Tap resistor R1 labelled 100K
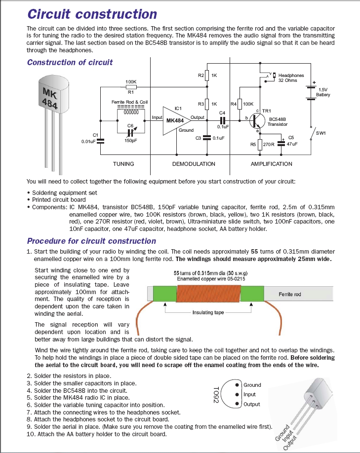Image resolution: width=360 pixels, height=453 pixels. pos(131,87)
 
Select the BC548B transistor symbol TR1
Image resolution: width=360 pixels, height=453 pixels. pos(257,121)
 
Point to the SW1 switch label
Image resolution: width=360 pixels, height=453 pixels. pos(320,133)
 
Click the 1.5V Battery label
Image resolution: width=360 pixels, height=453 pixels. pos(322,92)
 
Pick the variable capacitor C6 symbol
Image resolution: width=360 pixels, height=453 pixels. pos(131,133)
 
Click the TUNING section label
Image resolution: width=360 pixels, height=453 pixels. pos(123,164)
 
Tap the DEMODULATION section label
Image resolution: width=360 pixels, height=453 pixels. pos(194,164)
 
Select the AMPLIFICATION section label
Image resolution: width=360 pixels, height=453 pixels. pos(271,164)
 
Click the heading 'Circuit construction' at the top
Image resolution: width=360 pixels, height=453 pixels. pos(92,14)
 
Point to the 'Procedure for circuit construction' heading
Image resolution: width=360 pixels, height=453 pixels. pos(91,241)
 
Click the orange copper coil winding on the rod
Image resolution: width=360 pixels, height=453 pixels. pos(209,294)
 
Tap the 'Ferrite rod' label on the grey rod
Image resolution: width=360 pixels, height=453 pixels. pos(290,294)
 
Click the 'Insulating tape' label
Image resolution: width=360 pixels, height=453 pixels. pos(208,312)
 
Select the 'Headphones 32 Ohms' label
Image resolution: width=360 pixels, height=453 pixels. pos(291,77)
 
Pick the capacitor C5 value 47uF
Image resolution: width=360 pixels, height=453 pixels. pos(292,144)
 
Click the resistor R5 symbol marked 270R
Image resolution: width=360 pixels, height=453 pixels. pos(260,145)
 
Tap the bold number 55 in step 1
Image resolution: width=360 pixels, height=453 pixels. pos(254,251)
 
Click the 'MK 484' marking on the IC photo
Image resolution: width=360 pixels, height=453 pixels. pos(50,98)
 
